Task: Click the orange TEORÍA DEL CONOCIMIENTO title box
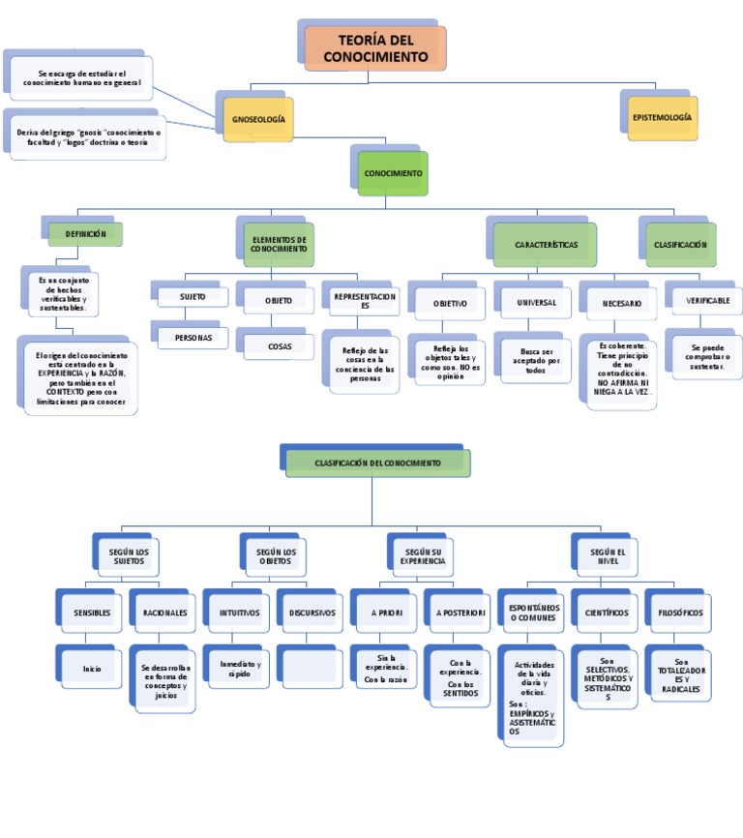(375, 49)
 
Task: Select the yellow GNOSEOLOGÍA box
(258, 119)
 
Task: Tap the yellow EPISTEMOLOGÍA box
(662, 117)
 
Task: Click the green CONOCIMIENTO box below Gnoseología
(393, 173)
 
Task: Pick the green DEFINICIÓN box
(86, 234)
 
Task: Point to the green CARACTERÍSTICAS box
(546, 245)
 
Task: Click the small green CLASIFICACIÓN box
(680, 245)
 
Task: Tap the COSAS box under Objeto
(279, 345)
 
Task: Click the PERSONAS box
(193, 336)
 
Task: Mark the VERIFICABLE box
(707, 301)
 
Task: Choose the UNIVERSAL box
(537, 303)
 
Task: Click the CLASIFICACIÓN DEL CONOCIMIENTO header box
(377, 464)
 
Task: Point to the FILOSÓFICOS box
(680, 613)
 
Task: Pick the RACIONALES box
(165, 613)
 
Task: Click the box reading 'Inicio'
(92, 668)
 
